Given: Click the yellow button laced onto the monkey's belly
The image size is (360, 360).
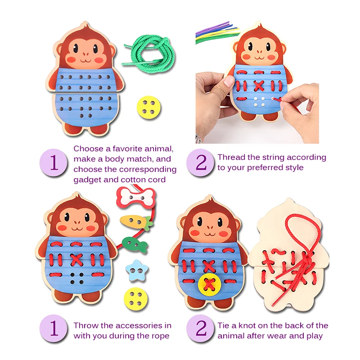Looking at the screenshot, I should (209, 284).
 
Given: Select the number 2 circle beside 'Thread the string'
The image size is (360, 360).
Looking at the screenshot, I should (201, 163).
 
